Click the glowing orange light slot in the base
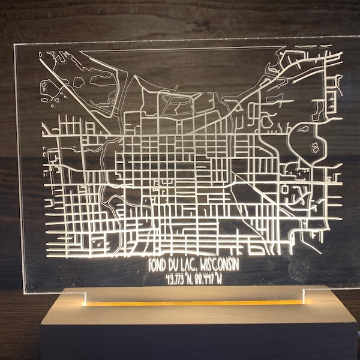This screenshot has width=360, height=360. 192,302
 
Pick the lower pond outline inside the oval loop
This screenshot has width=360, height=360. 314,146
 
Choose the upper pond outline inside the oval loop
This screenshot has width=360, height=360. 303,128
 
